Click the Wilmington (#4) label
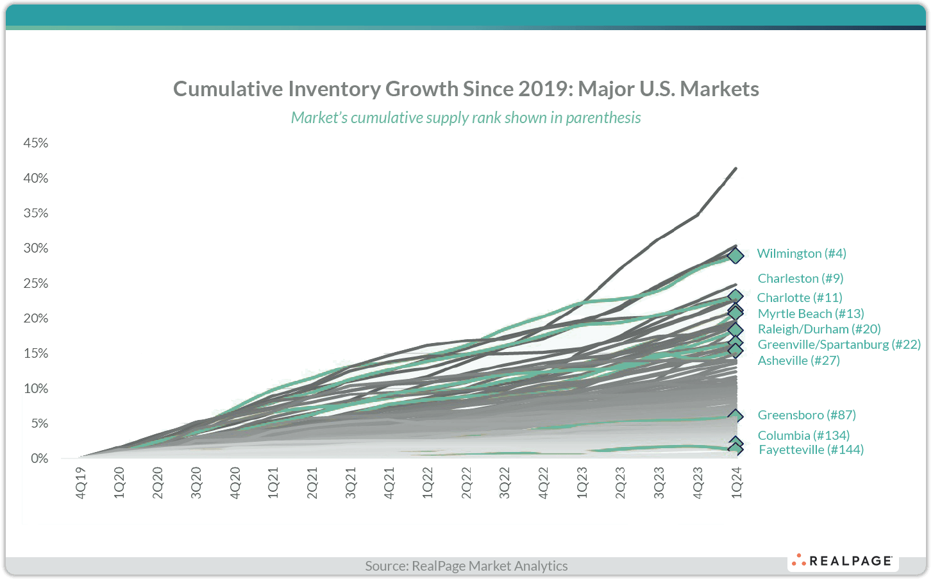click(x=801, y=253)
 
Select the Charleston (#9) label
click(x=800, y=278)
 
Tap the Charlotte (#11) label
click(x=800, y=298)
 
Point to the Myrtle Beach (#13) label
click(x=811, y=314)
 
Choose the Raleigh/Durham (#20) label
click(x=819, y=329)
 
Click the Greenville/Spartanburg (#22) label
click(x=839, y=344)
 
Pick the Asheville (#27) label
click(x=798, y=360)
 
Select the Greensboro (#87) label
click(x=807, y=415)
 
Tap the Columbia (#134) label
click(x=803, y=435)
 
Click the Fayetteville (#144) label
click(x=811, y=449)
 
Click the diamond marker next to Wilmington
click(x=735, y=256)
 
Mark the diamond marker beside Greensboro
click(x=735, y=417)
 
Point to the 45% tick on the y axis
click(x=36, y=143)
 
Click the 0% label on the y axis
click(x=39, y=458)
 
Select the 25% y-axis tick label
click(x=36, y=283)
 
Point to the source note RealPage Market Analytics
click(x=466, y=566)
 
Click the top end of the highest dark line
click(x=735, y=169)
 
